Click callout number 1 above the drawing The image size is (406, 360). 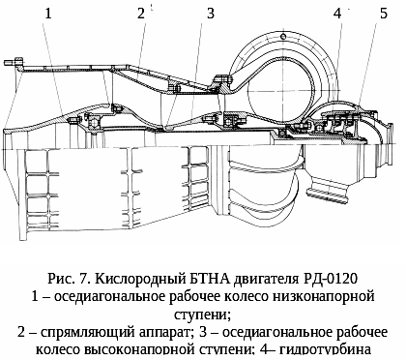click(x=48, y=14)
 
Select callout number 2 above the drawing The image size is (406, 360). click(x=141, y=14)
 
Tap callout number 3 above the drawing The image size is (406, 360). click(x=211, y=14)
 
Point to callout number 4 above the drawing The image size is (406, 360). click(x=337, y=14)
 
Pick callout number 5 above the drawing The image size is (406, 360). click(x=384, y=14)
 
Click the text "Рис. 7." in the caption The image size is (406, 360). click(x=69, y=278)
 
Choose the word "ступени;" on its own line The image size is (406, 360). click(x=203, y=315)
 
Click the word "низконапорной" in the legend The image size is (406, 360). click(x=324, y=296)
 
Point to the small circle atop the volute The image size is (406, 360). click(x=283, y=36)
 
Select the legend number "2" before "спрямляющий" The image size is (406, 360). click(x=21, y=332)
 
